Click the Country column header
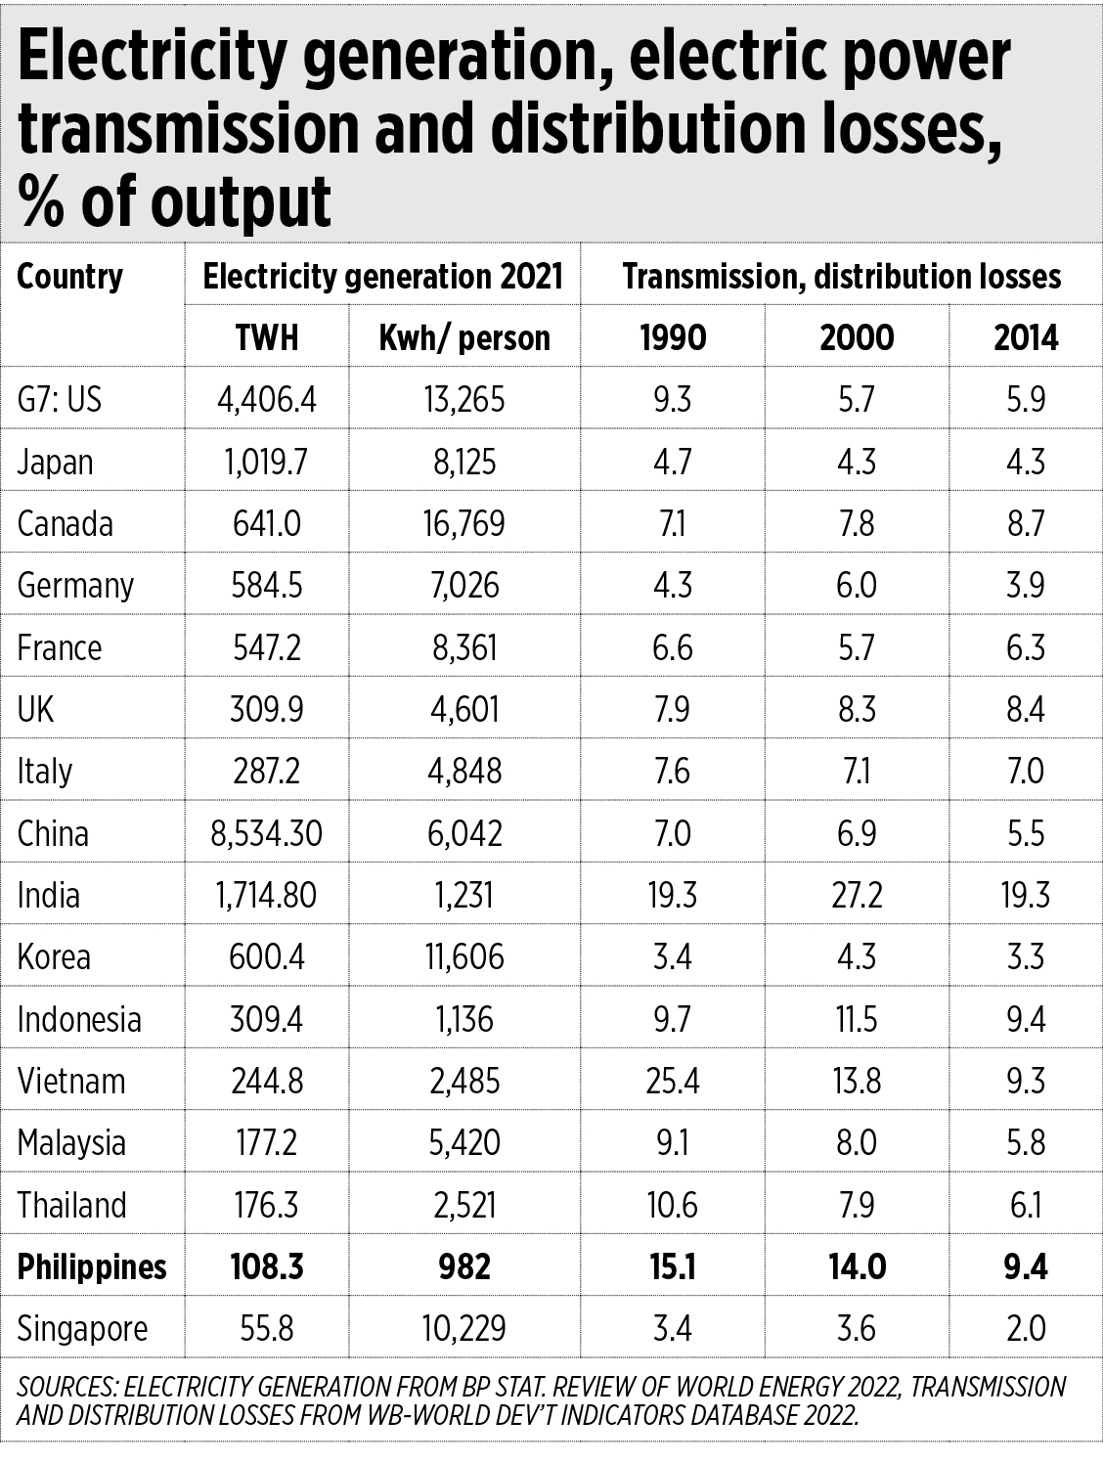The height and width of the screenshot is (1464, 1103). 69,277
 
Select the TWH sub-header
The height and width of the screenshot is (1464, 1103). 266,338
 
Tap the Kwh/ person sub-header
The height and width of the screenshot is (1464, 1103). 464,338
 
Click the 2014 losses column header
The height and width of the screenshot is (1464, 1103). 1026,338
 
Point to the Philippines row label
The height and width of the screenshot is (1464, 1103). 92,1267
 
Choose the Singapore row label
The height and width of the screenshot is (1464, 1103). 82,1329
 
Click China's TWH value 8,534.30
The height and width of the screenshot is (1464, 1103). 266,834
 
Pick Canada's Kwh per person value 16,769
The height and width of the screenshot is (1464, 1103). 464,524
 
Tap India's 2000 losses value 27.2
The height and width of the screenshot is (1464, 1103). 857,896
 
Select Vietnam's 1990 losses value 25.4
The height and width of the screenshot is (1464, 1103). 672,1082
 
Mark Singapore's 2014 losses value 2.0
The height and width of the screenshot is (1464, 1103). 1026,1329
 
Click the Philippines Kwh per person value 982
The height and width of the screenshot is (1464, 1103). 464,1267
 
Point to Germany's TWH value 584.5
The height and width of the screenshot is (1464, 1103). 266,586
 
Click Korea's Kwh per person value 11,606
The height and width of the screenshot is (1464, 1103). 464,957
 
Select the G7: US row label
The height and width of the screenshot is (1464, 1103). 59,400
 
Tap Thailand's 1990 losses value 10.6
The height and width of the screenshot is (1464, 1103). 672,1206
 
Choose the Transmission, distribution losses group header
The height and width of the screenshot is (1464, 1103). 841,277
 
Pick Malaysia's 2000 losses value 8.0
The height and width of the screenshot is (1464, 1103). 857,1143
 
